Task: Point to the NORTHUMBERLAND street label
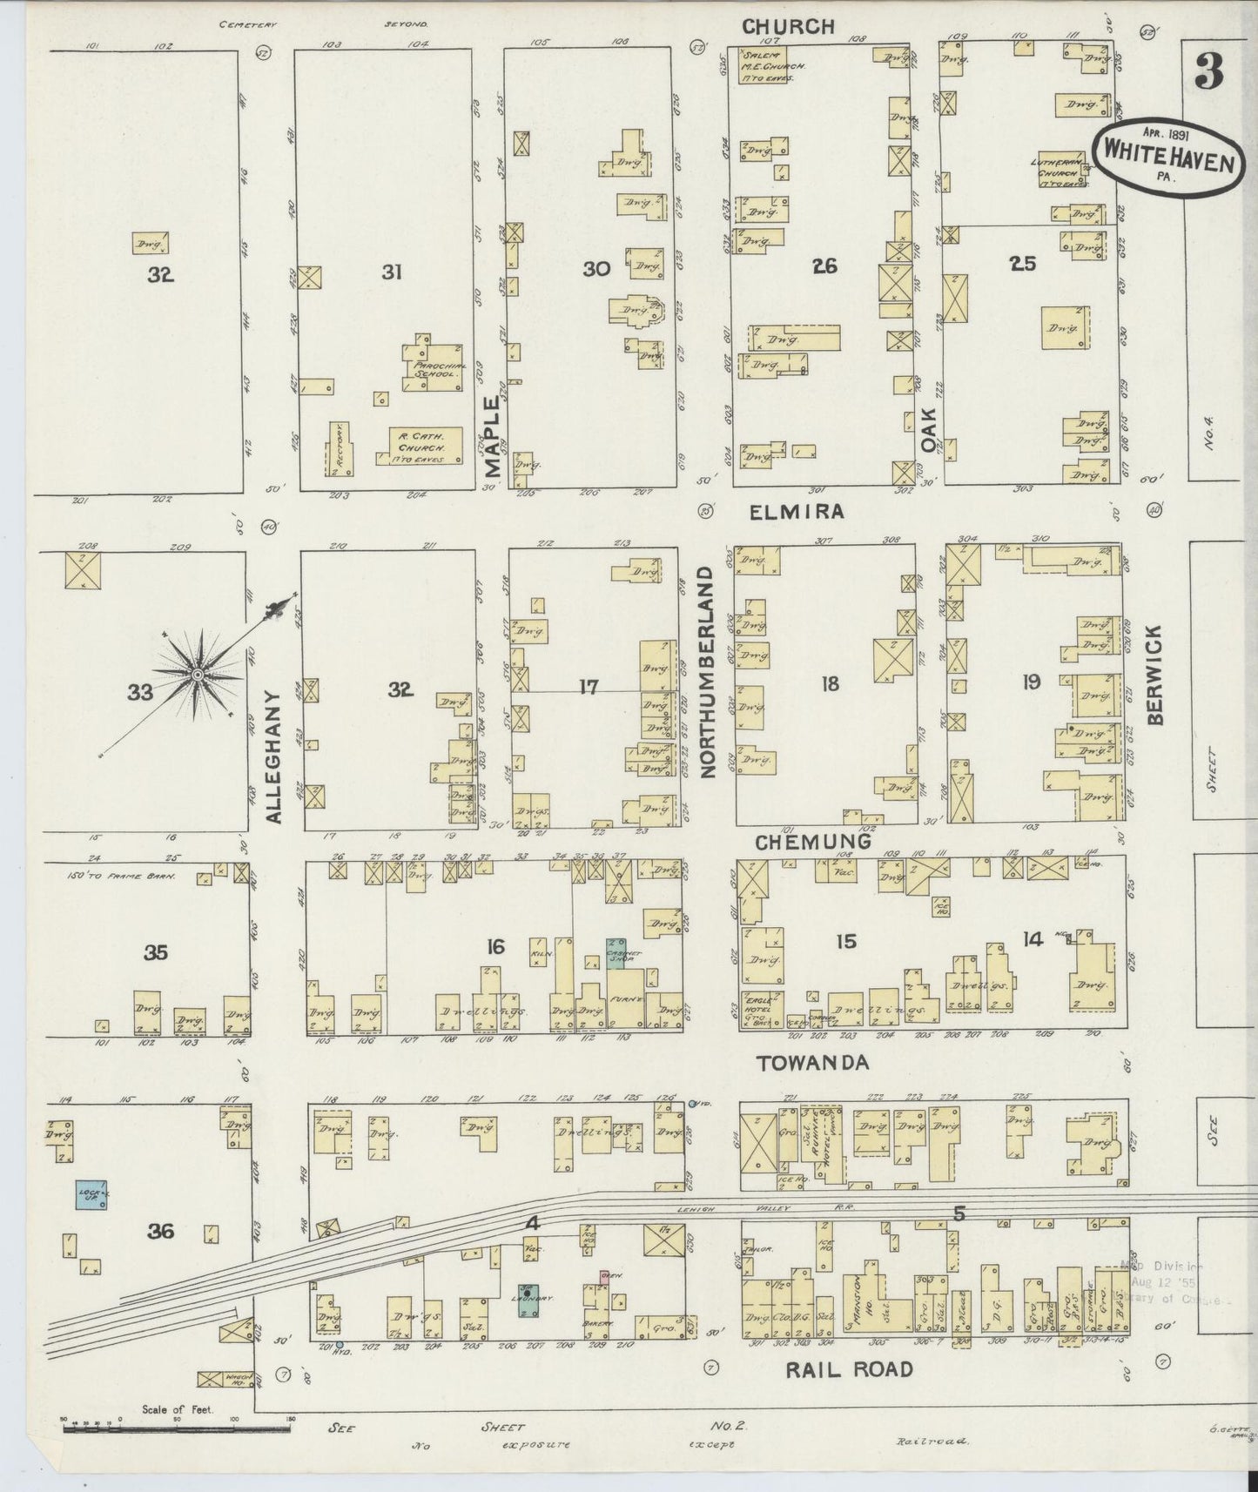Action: tap(707, 672)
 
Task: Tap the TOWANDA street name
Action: tap(800, 1063)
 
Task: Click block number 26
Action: tap(824, 266)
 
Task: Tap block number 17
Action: tap(589, 688)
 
